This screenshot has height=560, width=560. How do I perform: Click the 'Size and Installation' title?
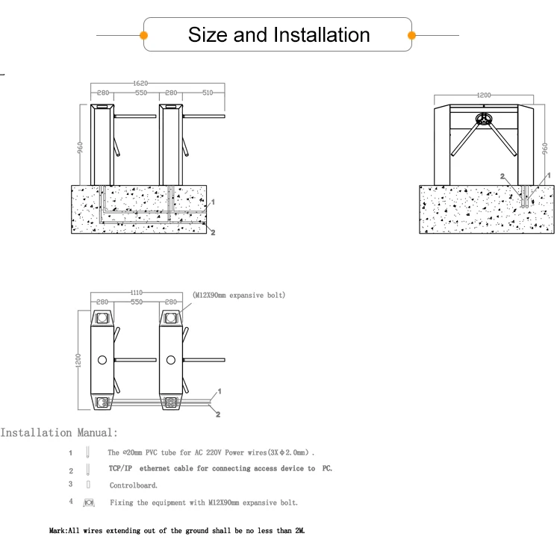(x=279, y=35)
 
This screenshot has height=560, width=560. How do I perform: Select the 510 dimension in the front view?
(x=208, y=93)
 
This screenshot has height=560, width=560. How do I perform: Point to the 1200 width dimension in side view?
(x=484, y=96)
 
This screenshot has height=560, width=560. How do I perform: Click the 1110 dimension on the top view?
(x=136, y=293)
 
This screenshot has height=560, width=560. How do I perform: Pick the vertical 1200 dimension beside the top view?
(x=78, y=359)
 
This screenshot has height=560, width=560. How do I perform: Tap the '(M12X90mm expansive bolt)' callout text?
(x=237, y=295)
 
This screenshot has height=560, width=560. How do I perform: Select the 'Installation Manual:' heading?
(x=59, y=432)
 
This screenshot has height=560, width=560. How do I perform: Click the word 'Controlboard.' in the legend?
(x=134, y=485)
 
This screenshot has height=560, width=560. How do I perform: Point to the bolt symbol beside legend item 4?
(x=88, y=503)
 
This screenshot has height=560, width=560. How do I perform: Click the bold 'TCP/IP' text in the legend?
(x=121, y=469)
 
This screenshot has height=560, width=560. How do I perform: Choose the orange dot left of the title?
(x=144, y=35)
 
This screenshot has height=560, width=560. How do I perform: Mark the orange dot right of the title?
(x=411, y=35)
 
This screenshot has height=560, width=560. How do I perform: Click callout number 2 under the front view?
(x=214, y=234)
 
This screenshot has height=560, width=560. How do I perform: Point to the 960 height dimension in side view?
(x=544, y=147)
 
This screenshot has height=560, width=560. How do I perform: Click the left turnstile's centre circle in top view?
(x=102, y=361)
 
